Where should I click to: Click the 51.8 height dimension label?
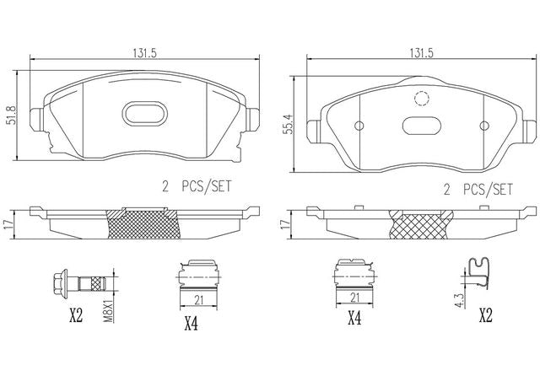11,115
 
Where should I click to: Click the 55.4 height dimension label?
289,124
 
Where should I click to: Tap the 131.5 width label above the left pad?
144,53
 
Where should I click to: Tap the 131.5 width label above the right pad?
421,53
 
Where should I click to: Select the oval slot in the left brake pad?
144,114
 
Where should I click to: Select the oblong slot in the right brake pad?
422,126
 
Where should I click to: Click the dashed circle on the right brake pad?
422,99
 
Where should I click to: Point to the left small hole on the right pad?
359,126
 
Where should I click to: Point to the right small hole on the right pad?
484,126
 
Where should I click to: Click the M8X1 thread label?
109,312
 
